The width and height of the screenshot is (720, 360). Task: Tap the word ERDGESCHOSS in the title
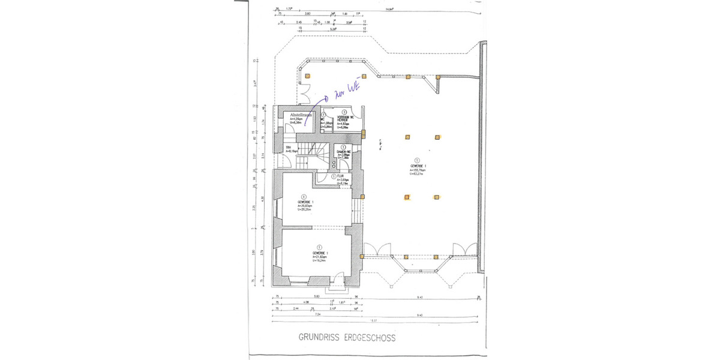click(370, 338)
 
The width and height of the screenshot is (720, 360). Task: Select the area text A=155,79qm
click(418, 170)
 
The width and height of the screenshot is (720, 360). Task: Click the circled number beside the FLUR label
click(334, 176)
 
